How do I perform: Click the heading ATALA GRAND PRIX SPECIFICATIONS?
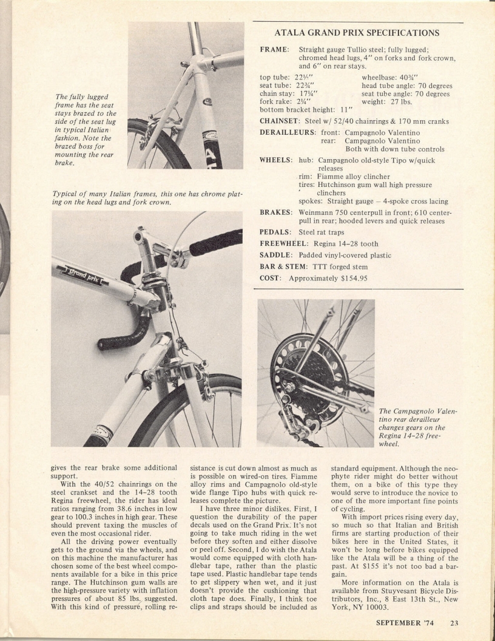[357, 33]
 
